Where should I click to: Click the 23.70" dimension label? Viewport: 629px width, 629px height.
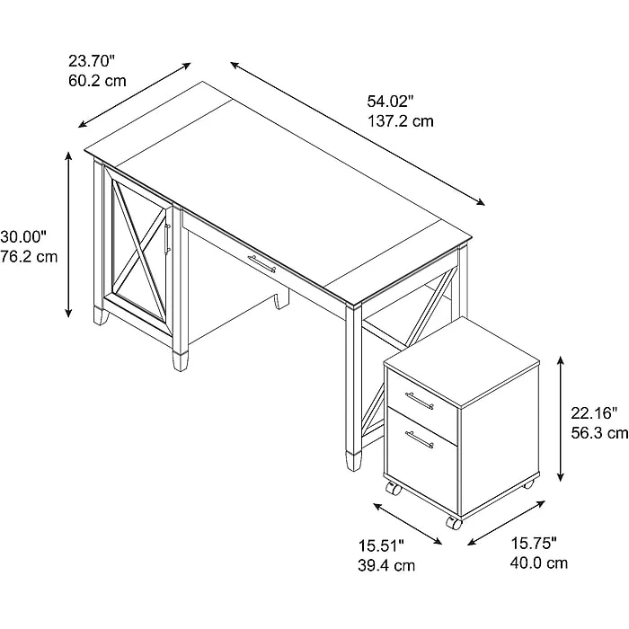point(92,61)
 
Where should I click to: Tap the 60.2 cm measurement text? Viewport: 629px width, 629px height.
point(97,81)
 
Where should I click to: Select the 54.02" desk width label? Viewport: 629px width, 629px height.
point(390,101)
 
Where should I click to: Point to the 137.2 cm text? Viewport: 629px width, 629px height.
point(401,120)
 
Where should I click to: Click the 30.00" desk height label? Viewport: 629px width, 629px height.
point(23,236)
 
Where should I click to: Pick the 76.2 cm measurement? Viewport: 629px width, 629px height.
point(29,256)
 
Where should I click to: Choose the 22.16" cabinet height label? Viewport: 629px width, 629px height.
point(594,412)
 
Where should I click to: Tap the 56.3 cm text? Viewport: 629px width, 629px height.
point(599,433)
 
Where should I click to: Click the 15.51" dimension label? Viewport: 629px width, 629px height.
point(381,545)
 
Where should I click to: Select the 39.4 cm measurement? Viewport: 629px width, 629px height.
point(386,565)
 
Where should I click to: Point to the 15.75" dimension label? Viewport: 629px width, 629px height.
point(534,544)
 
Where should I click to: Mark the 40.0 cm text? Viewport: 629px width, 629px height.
point(539,563)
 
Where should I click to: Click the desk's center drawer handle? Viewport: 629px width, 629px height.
point(261,263)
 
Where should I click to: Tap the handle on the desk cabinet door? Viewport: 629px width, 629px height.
point(167,239)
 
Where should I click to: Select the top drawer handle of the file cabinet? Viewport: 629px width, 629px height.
point(420,401)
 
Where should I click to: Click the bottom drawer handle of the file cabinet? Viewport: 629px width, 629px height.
point(420,439)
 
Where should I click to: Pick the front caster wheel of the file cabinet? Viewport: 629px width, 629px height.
point(454,523)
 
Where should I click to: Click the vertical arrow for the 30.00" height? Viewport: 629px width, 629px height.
point(69,235)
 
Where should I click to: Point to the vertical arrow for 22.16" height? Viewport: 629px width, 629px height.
point(561,419)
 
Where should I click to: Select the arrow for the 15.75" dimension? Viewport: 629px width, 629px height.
point(506,523)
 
